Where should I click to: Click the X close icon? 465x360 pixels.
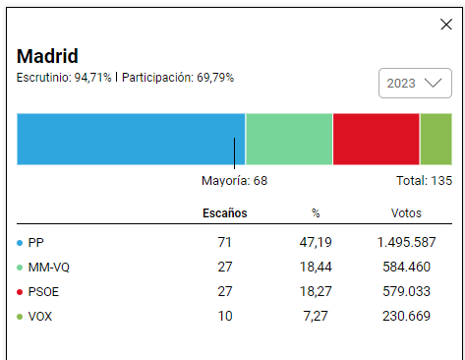pos(446,25)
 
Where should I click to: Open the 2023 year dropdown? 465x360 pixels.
pos(415,83)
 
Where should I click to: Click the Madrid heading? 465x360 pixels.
pos(47,56)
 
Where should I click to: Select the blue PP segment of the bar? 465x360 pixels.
pos(131,139)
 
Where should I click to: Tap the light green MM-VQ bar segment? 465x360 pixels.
pos(289,139)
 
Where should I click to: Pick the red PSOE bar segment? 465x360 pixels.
pos(377,139)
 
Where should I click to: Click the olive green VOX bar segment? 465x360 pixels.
pos(436,139)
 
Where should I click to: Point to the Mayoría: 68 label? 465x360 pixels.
pos(234,181)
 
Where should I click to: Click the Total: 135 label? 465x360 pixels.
pos(424,181)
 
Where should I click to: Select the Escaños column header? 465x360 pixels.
pos(225,213)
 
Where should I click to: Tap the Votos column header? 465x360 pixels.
pos(406,213)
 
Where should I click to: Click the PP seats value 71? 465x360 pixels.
pos(225,242)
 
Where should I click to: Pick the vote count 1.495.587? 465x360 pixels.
pos(406,242)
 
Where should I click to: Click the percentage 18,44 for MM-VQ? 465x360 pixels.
pos(316,267)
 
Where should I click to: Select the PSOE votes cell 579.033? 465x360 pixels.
pos(406,291)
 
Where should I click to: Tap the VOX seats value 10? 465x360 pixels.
pos(225,316)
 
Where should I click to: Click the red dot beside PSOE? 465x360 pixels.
pos(20,292)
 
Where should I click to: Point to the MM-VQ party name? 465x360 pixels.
pos(49,268)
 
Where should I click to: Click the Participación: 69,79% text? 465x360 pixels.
pos(178,78)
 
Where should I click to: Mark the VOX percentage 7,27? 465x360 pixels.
pos(316,316)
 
